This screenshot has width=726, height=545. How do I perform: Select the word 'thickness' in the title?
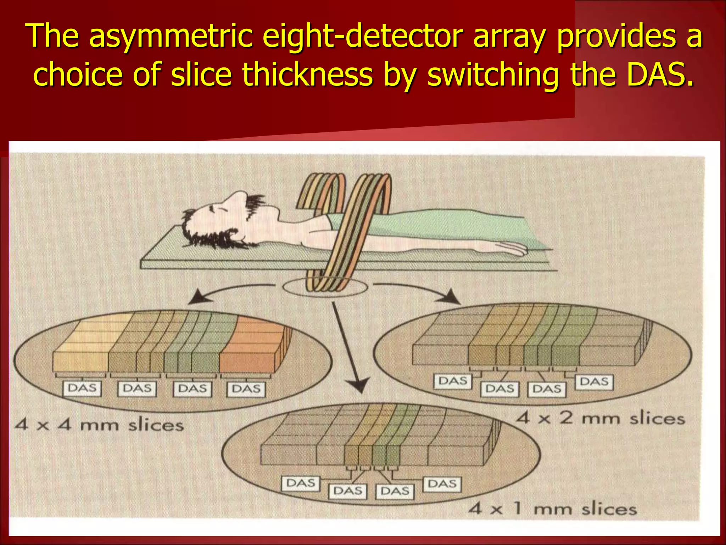[307, 75]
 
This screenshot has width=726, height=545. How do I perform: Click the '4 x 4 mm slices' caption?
[99, 425]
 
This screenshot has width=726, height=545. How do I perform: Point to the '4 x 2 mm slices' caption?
[600, 418]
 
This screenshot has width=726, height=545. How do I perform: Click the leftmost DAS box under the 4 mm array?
[82, 388]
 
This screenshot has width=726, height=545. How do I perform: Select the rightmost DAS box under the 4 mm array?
[246, 389]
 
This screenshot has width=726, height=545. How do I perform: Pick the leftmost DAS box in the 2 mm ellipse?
[453, 381]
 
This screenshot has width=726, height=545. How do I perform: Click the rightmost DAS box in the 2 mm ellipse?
[594, 382]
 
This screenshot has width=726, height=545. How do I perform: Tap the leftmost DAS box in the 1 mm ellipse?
[301, 483]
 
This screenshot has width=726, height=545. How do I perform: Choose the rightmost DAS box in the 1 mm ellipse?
[442, 484]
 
